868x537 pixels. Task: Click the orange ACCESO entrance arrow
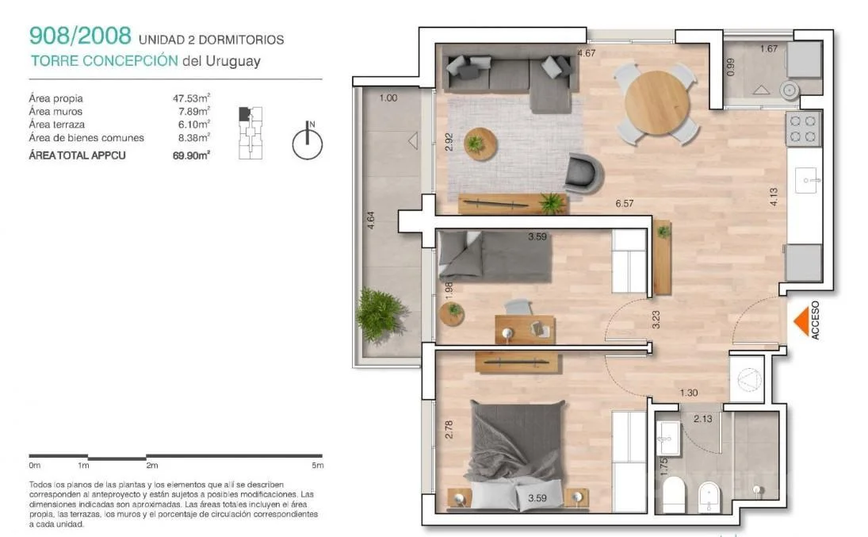point(801,321)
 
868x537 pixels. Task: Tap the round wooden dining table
point(657,102)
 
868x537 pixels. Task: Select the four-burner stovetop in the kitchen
point(803,128)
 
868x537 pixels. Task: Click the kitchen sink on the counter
point(806,180)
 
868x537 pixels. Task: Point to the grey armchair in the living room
point(583,174)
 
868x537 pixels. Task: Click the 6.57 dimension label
point(625,203)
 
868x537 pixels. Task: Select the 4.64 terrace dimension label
point(371,220)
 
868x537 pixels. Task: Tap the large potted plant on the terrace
point(380,313)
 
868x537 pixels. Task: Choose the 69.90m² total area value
point(191,155)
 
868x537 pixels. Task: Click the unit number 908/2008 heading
point(80,36)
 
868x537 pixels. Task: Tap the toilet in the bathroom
point(674,494)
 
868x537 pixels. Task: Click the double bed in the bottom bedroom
point(518,455)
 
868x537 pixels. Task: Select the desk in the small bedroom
point(525,329)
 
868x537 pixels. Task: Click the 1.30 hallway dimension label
point(689,393)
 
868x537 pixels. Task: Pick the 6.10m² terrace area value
point(193,124)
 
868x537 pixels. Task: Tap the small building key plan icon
point(250,133)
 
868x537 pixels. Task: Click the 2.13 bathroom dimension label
point(703,419)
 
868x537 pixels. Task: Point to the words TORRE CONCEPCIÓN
point(105,60)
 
